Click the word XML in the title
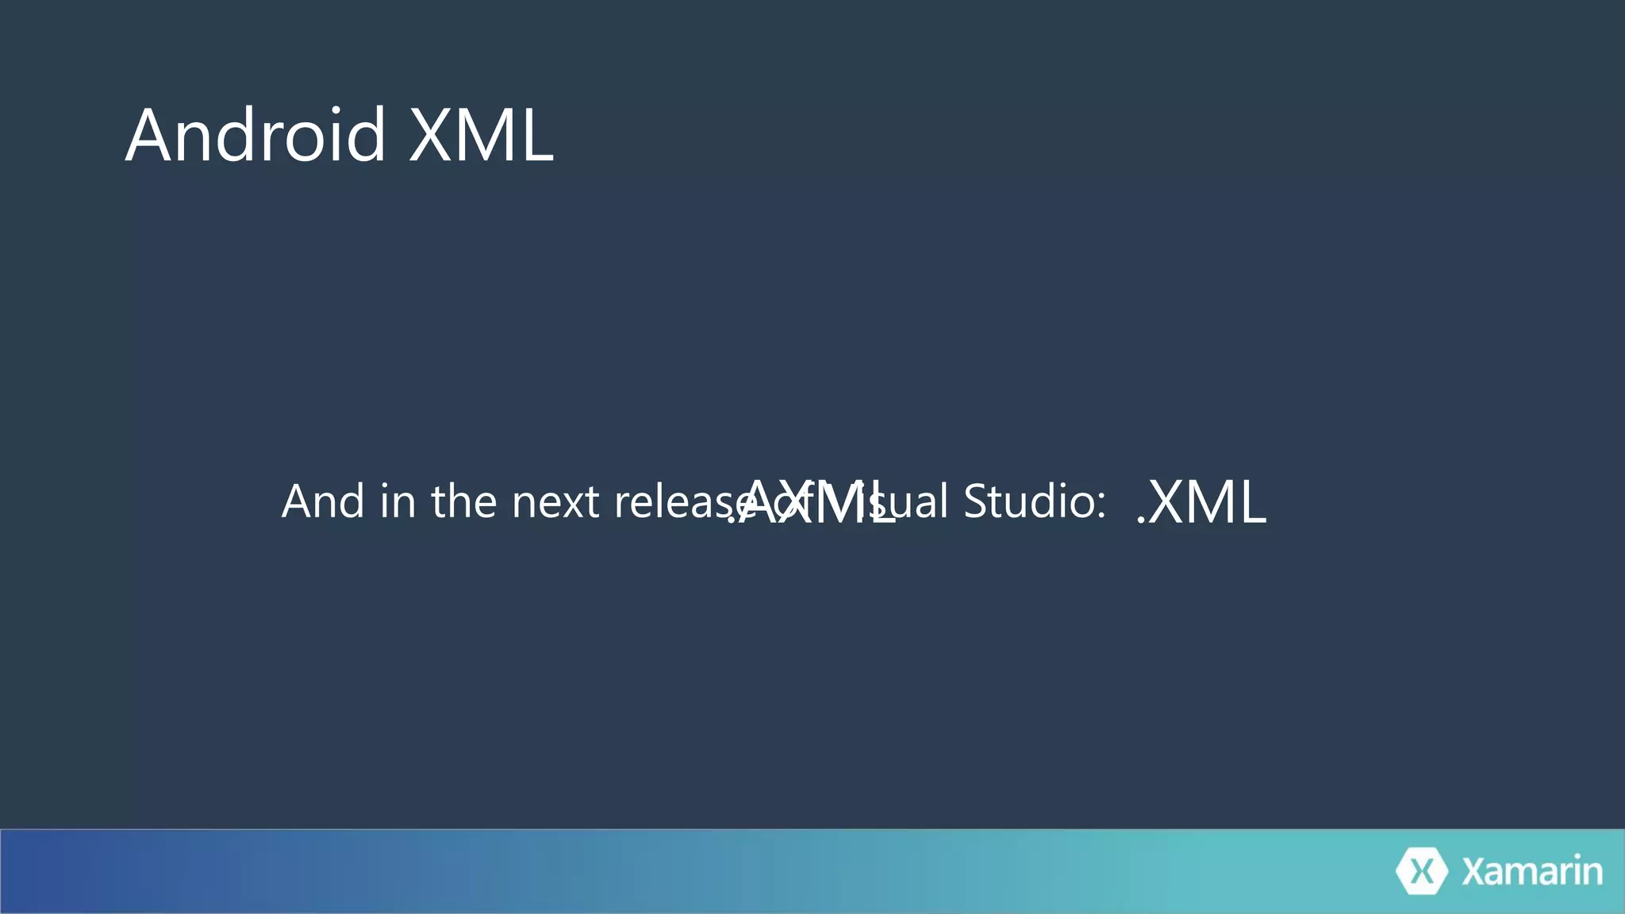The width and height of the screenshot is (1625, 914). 481,136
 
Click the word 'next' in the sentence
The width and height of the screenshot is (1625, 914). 555,503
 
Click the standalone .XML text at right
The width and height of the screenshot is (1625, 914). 1201,503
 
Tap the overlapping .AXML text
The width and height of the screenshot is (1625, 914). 811,503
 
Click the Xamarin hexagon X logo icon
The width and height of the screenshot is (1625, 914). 1421,871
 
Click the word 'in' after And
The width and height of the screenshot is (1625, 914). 398,501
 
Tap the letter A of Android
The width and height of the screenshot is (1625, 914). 150,136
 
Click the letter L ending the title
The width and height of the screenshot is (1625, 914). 536,136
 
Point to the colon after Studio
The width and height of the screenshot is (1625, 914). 1101,503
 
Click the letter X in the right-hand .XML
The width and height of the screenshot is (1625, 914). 1167,503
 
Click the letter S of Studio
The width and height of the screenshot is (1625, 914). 977,501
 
